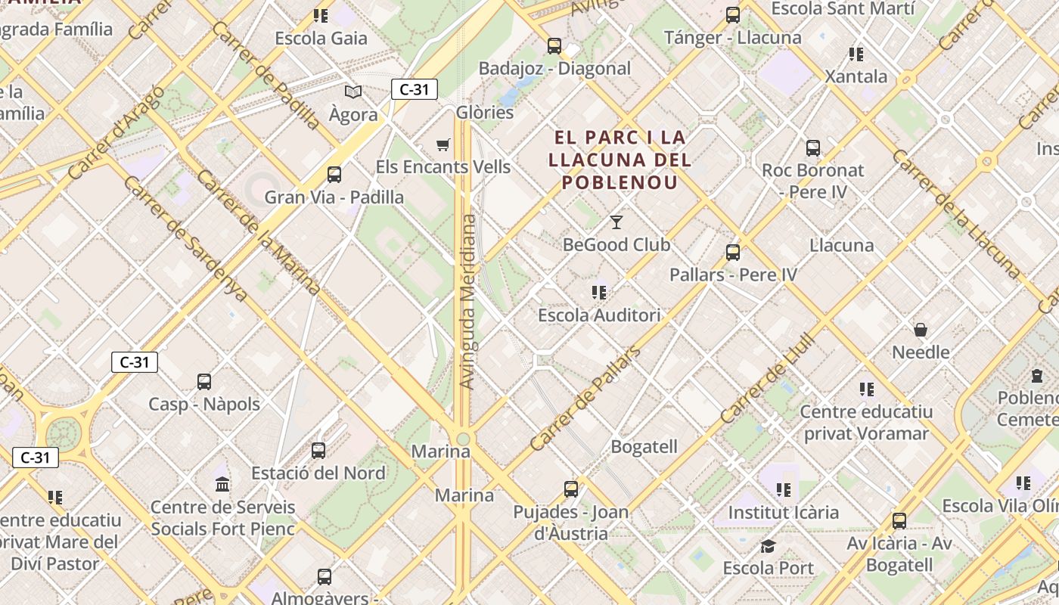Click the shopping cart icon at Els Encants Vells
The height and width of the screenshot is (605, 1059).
(443, 144)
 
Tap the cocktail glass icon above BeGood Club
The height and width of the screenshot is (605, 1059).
(616, 222)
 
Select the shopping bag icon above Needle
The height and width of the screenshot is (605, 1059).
(921, 330)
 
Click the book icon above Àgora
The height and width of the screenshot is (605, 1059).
(352, 92)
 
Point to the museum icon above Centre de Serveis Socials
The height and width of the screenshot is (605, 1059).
(222, 484)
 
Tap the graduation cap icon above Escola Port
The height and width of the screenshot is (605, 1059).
(768, 546)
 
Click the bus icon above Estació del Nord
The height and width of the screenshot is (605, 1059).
(318, 451)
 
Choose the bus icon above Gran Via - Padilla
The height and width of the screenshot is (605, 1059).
(334, 175)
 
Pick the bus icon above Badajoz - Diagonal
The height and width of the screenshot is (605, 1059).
(554, 46)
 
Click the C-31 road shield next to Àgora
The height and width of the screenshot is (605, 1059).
(415, 89)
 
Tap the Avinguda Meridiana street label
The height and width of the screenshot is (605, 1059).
(468, 302)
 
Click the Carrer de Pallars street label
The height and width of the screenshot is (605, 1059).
(585, 399)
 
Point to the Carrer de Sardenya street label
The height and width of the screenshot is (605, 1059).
(185, 239)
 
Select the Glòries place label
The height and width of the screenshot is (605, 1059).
(485, 113)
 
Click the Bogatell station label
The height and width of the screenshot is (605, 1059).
(644, 447)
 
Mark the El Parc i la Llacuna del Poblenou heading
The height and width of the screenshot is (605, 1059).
(620, 160)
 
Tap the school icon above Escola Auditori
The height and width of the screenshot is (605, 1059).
(599, 292)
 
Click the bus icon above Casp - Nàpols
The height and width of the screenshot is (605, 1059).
(204, 382)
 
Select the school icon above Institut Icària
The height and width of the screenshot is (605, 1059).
(784, 490)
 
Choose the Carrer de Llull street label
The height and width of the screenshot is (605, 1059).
(768, 377)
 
